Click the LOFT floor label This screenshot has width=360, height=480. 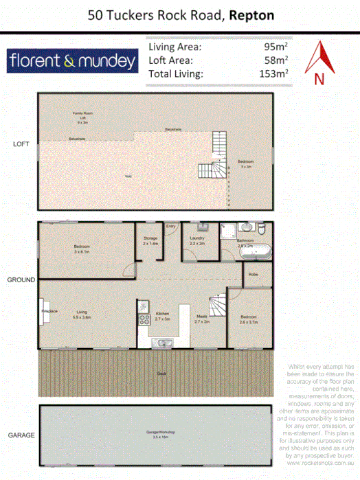click(20, 144)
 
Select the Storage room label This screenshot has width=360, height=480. click(150, 241)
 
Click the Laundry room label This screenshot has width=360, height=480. click(197, 241)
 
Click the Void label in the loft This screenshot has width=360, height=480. click(128, 176)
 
